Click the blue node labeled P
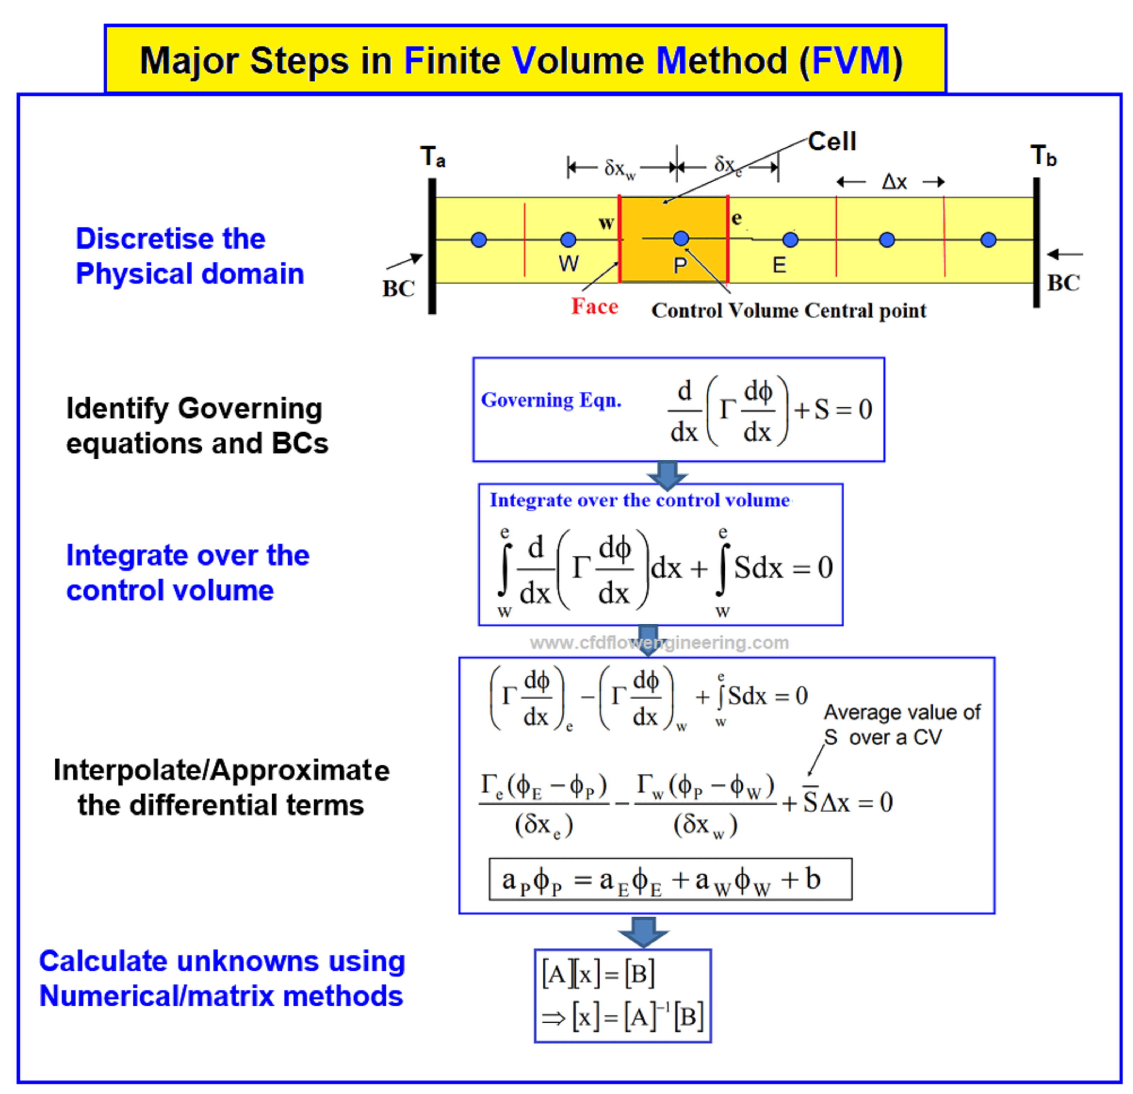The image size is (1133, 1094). coord(681,238)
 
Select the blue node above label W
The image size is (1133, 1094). coord(568,239)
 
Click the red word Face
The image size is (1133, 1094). coord(594,306)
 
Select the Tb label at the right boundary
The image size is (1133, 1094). coord(1043,156)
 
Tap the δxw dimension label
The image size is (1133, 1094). coord(620,169)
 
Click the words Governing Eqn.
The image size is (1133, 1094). coord(551,400)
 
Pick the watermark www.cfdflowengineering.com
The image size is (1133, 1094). coord(659,642)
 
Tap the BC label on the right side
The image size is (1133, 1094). coord(1063,283)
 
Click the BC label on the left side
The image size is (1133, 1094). coord(398,289)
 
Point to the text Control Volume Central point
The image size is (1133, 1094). coord(789,311)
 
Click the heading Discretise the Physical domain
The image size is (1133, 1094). coord(190,256)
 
